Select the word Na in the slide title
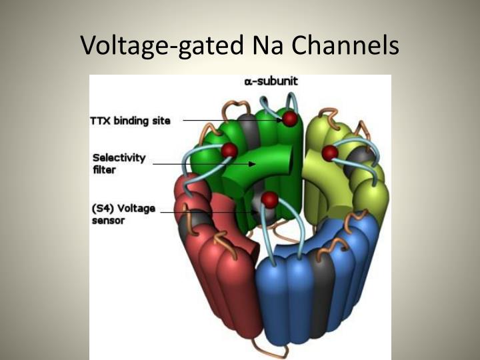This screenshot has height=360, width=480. (x=266, y=45)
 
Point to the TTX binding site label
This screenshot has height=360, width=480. (x=130, y=121)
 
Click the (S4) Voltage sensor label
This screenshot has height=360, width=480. (x=123, y=214)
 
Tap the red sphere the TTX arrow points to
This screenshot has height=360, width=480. (x=290, y=119)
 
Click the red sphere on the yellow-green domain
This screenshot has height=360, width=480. (x=329, y=153)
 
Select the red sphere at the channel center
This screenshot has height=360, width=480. (x=269, y=199)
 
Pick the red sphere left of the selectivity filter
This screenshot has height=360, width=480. (x=229, y=150)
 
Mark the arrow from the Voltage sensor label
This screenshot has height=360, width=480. (x=210, y=213)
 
